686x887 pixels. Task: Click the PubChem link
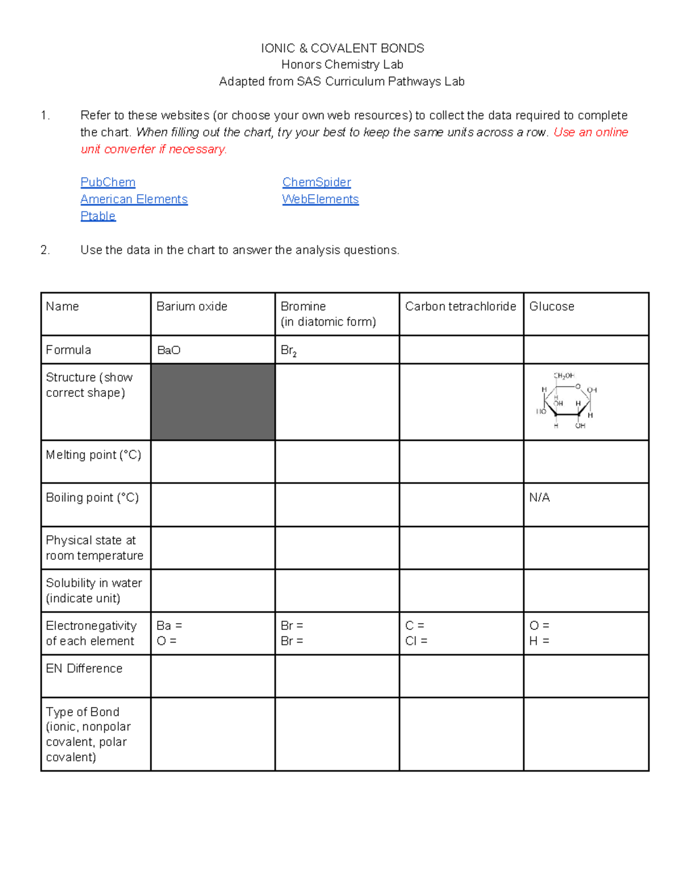(x=107, y=182)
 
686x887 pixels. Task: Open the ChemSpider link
(x=316, y=182)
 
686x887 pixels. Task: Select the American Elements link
(x=134, y=199)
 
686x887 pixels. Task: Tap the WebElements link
(x=320, y=199)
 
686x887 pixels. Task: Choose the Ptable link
(x=98, y=216)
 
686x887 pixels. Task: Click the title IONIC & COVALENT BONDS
(x=342, y=48)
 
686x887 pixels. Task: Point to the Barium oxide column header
(x=192, y=307)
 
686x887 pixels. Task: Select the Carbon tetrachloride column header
(x=460, y=307)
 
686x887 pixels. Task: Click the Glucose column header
(x=551, y=307)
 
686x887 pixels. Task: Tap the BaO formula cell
(x=169, y=350)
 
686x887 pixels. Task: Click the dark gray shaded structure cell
(x=213, y=402)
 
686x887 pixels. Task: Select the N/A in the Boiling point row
(x=539, y=497)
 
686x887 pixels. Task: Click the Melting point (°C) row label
(x=93, y=455)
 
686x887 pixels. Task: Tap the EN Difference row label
(x=84, y=668)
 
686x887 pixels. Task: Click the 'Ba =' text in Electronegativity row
(x=169, y=626)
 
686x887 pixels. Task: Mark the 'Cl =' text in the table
(x=416, y=641)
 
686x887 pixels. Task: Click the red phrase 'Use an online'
(x=591, y=133)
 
